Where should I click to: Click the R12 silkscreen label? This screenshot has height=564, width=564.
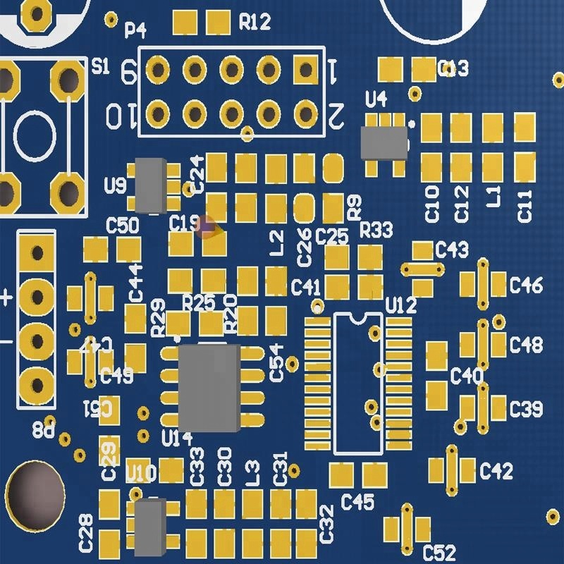click(x=255, y=23)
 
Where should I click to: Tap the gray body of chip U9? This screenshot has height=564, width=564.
click(x=150, y=185)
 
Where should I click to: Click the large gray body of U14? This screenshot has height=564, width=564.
click(x=209, y=388)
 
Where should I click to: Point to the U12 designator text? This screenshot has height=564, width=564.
click(x=402, y=305)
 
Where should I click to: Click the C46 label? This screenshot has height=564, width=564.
click(x=526, y=286)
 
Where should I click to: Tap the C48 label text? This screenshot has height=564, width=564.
click(x=526, y=345)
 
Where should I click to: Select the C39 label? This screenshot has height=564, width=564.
click(x=526, y=408)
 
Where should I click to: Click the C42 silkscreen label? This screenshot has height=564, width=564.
click(x=496, y=471)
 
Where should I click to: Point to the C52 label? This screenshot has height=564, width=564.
click(x=439, y=552)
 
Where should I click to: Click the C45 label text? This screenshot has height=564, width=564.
click(x=357, y=502)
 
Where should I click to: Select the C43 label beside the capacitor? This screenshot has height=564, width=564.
click(x=452, y=249)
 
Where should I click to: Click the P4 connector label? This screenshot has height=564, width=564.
click(x=135, y=30)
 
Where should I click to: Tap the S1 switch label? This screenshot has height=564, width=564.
click(x=101, y=67)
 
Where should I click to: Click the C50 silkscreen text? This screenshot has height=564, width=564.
click(x=122, y=226)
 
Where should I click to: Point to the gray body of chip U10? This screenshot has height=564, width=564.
click(x=150, y=525)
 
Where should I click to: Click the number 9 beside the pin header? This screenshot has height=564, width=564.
click(x=129, y=70)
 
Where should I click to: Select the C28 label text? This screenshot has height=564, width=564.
click(x=86, y=533)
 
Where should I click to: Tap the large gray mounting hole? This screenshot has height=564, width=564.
click(x=35, y=495)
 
